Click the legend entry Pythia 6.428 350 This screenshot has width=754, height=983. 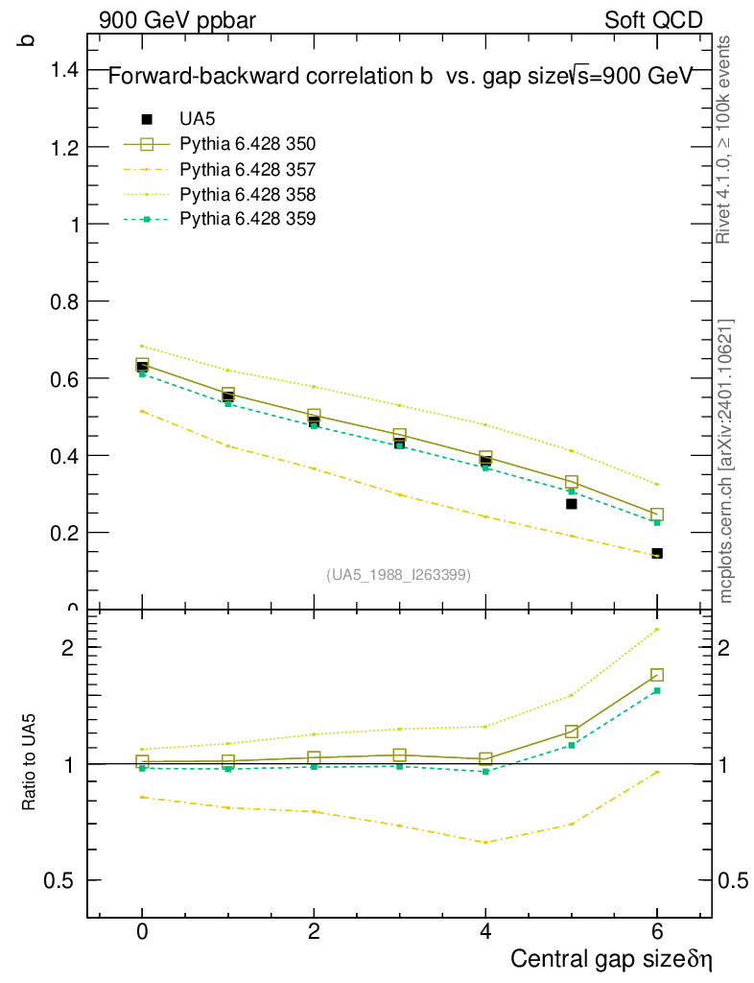(247, 145)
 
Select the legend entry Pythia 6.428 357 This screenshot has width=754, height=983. (247, 170)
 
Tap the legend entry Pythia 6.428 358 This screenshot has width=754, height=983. (247, 195)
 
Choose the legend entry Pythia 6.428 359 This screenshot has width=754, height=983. (247, 220)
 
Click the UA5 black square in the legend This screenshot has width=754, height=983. (147, 119)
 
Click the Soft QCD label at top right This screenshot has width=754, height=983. (653, 20)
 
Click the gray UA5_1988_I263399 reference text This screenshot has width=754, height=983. (399, 574)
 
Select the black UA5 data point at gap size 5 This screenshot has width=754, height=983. (572, 503)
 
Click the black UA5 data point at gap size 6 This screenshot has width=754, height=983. (657, 553)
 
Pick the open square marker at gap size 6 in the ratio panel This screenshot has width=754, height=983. (657, 675)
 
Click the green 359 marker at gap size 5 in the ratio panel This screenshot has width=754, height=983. (572, 745)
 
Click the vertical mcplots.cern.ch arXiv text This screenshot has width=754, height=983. (726, 461)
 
